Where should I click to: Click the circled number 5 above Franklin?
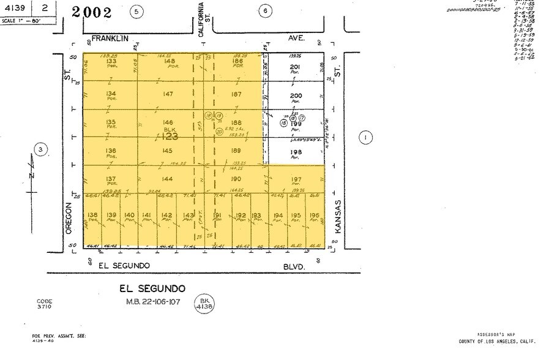coord(138,11)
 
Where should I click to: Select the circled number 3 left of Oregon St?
coord(40,149)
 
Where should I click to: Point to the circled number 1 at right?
coord(367,138)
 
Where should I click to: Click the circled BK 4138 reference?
coord(203,303)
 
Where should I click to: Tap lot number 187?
coord(236,94)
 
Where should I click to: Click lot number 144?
coord(168,178)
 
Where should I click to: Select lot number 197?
coord(297,179)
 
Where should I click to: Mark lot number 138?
coord(93,215)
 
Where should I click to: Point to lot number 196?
coord(315,215)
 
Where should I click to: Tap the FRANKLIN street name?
coord(110,38)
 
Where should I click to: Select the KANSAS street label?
coord(337,216)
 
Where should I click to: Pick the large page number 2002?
coord(92,12)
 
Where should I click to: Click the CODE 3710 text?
coord(44,304)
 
